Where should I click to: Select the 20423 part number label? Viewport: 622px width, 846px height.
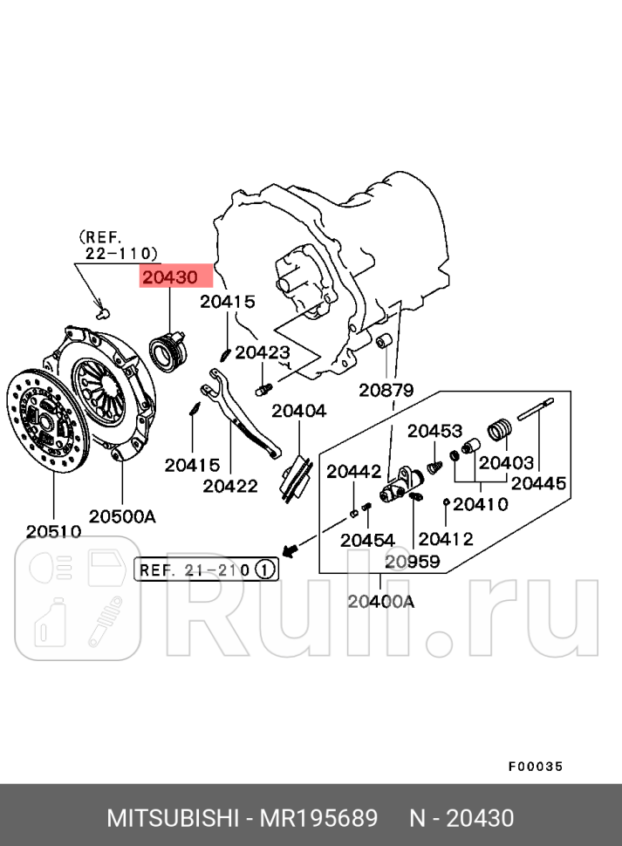(262, 352)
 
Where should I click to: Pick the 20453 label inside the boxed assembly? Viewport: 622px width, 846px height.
(434, 430)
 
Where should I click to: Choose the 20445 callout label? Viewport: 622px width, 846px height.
(538, 482)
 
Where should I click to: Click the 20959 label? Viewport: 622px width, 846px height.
(413, 561)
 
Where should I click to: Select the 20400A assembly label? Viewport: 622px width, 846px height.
(380, 600)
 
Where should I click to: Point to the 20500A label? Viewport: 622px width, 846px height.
(122, 516)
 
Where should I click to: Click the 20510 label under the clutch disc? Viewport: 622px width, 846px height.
(53, 531)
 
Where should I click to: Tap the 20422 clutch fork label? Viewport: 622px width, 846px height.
(230, 486)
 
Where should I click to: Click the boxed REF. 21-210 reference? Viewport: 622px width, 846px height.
(194, 570)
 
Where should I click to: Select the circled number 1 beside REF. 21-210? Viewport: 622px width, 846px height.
(265, 570)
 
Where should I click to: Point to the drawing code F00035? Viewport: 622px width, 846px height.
(536, 767)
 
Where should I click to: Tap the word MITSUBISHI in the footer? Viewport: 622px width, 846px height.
(172, 818)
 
